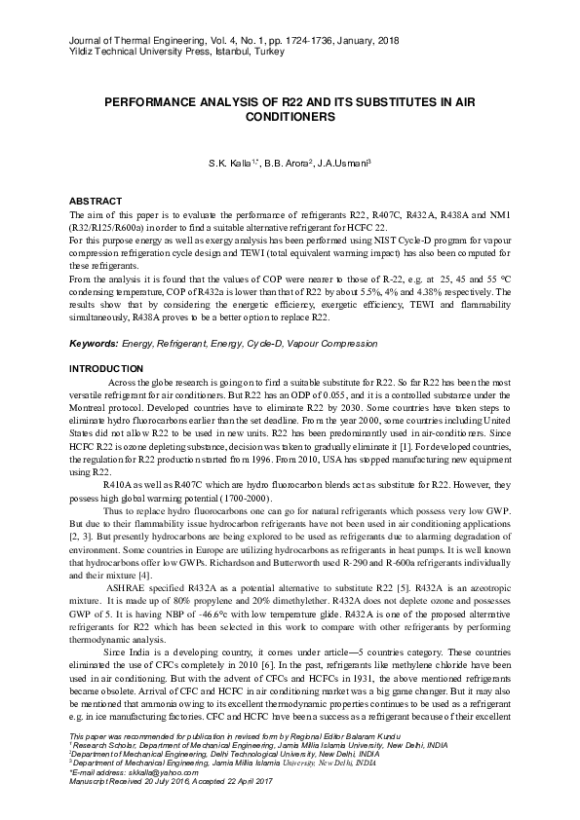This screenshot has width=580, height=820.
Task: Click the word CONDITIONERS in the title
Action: tap(290, 116)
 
